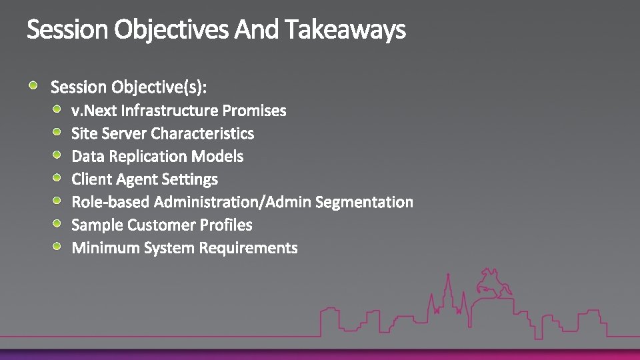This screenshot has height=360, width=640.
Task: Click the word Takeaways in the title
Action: tap(345, 30)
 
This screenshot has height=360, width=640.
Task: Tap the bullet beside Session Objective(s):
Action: tap(34, 85)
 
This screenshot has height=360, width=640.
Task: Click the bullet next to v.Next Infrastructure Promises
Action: tap(58, 109)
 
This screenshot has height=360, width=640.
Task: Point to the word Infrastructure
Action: tap(169, 110)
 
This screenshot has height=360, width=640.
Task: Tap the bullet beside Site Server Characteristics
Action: tap(58, 132)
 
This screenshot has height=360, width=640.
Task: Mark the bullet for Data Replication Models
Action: tap(58, 155)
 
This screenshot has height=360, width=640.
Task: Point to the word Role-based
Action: tap(110, 202)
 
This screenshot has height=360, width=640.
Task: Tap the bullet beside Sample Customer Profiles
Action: tap(58, 223)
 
